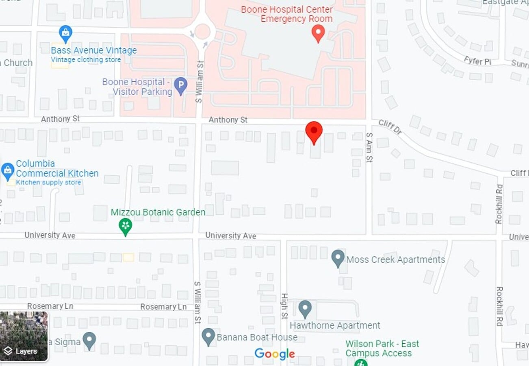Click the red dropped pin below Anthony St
click(x=314, y=131)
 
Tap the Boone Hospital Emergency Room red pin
click(x=318, y=33)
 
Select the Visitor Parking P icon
click(x=180, y=86)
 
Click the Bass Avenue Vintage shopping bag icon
click(x=65, y=33)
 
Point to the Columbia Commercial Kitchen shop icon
click(x=7, y=171)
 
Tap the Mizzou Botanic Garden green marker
click(x=125, y=226)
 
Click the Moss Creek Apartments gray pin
click(x=338, y=258)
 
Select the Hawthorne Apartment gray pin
click(x=305, y=309)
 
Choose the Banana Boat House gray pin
click(x=208, y=336)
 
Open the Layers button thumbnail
click(x=24, y=336)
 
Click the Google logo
click(x=275, y=354)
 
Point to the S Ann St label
click(x=369, y=147)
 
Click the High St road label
click(x=284, y=306)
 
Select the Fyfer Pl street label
click(x=478, y=61)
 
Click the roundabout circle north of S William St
click(x=202, y=31)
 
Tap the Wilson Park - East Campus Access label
click(x=382, y=349)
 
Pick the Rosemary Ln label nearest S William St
click(x=163, y=307)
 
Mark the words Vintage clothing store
click(x=86, y=60)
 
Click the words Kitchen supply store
click(x=48, y=182)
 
